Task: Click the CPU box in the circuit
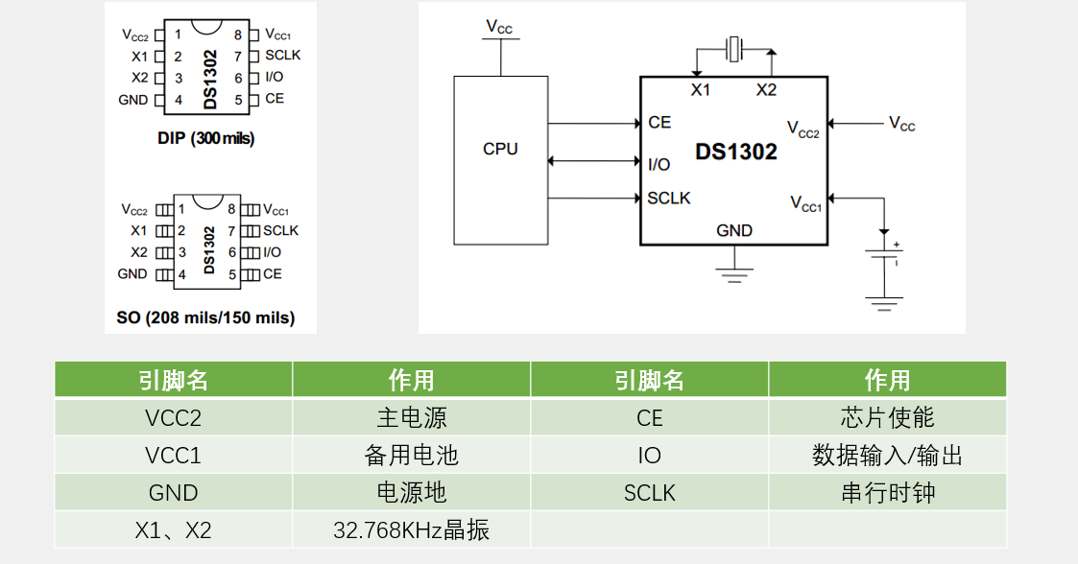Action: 500,159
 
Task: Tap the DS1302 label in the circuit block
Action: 736,153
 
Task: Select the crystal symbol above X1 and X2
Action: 734,48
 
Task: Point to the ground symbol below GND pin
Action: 734,270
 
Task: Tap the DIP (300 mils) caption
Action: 205,138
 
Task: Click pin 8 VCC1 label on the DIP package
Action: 276,35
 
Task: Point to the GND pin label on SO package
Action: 132,274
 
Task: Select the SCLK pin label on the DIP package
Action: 282,56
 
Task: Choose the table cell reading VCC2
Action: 173,418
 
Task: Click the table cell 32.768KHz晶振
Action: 411,529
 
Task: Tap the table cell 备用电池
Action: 411,456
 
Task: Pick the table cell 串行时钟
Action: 887,493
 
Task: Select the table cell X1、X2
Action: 173,529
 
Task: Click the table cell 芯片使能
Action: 887,418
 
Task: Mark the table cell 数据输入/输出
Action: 887,456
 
